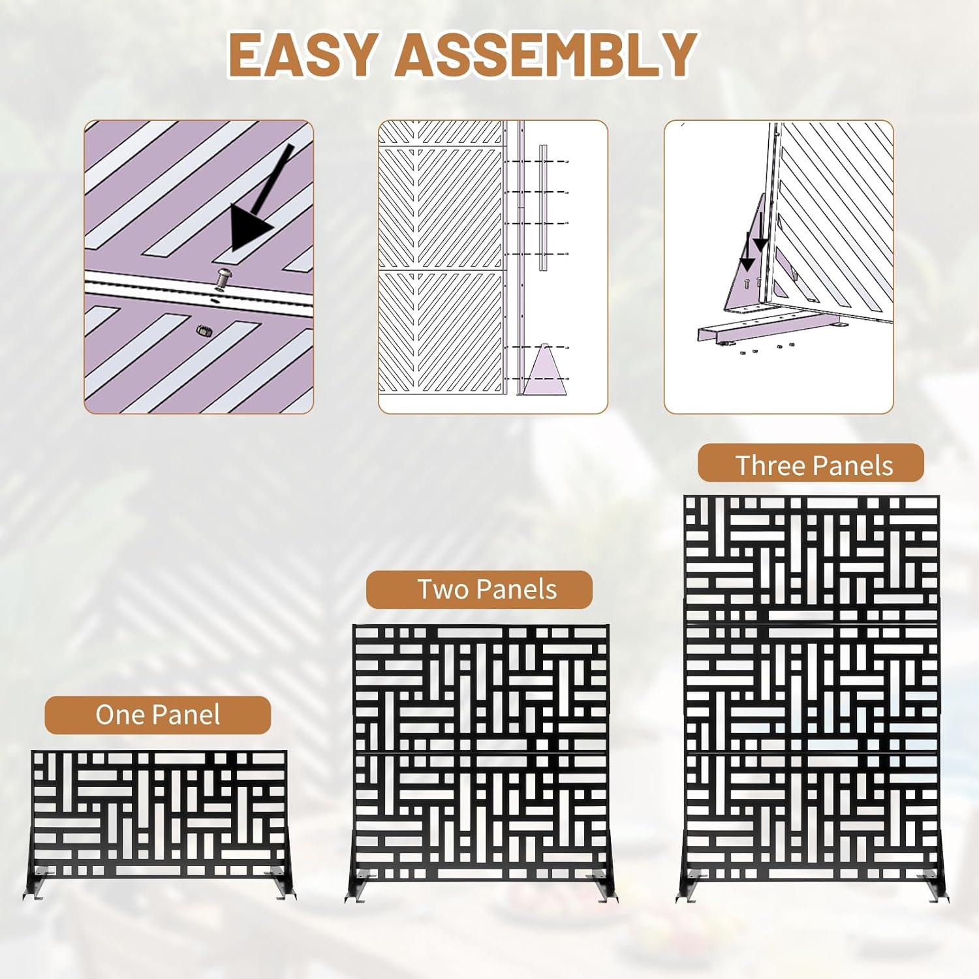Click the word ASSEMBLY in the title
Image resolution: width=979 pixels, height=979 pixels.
click(546, 54)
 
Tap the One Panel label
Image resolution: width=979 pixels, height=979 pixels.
click(158, 715)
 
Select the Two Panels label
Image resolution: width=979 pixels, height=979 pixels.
click(479, 589)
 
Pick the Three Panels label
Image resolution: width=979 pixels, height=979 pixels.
click(811, 465)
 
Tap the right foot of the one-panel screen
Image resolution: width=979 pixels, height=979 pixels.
click(280, 884)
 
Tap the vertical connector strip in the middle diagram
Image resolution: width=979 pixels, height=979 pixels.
click(543, 208)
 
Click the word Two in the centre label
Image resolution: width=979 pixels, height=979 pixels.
click(443, 589)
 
